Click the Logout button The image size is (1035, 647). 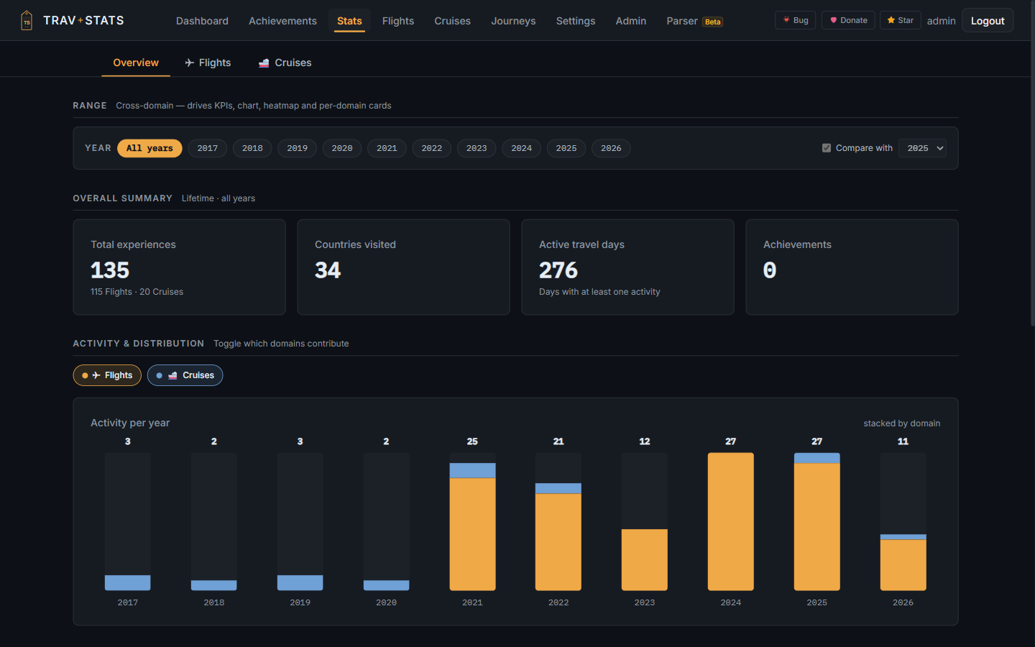[988, 21]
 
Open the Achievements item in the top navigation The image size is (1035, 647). [282, 21]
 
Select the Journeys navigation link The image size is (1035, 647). [513, 21]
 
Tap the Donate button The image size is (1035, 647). [848, 20]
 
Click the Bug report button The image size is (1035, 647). [795, 20]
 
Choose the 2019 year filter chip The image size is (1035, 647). [297, 148]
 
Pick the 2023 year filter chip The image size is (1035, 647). [477, 148]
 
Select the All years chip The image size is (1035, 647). [149, 148]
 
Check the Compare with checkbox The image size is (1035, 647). [827, 148]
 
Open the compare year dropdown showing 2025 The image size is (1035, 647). [922, 148]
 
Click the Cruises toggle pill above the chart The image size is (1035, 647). [185, 375]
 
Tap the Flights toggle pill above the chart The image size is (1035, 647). [107, 375]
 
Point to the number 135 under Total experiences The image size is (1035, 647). [110, 270]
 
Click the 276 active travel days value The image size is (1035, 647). [558, 270]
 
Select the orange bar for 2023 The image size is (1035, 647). [645, 559]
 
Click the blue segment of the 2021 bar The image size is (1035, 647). [472, 470]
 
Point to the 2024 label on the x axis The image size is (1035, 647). [730, 602]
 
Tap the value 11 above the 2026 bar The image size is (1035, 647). [903, 441]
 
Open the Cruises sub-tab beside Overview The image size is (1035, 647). [285, 63]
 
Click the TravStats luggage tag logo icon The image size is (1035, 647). [27, 20]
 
